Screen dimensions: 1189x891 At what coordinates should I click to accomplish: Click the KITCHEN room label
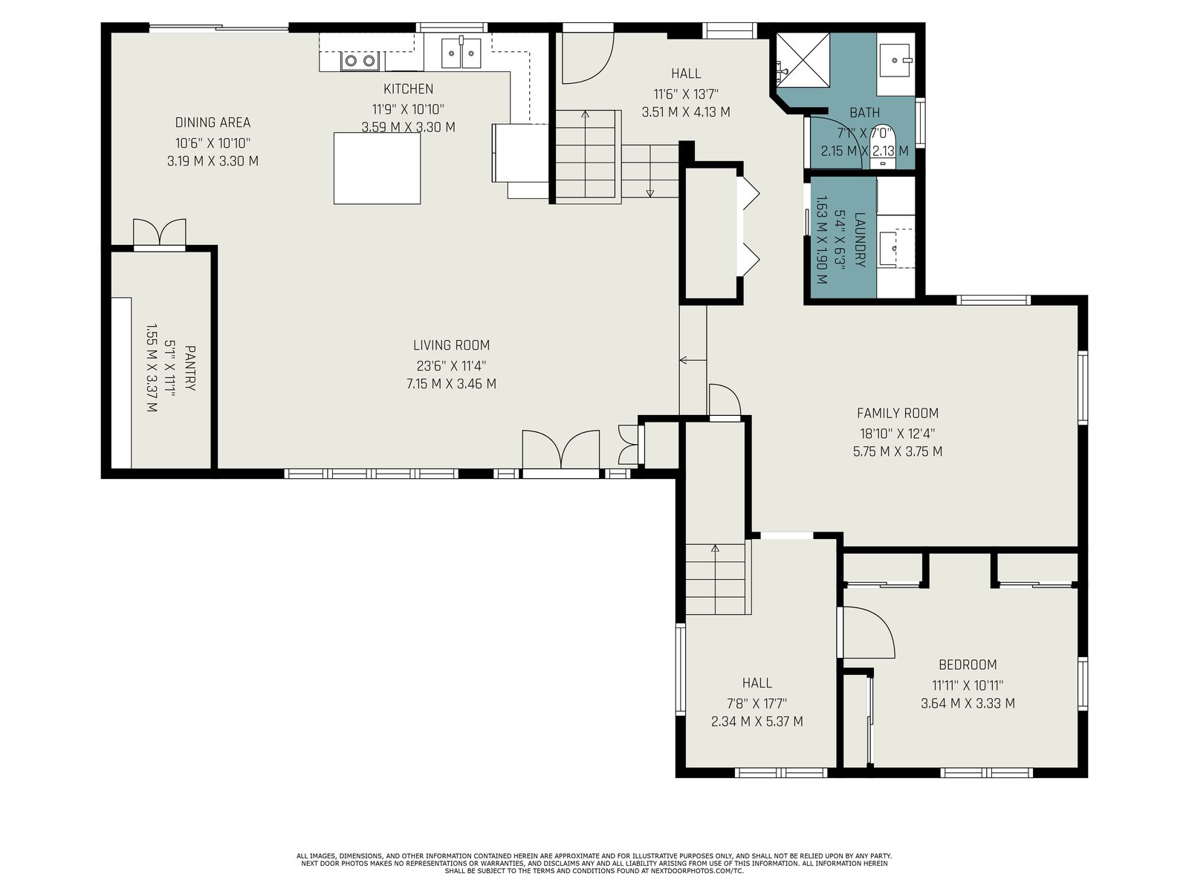408,88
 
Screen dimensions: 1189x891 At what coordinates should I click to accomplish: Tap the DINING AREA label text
213,123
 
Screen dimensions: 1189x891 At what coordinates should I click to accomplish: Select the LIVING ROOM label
451,345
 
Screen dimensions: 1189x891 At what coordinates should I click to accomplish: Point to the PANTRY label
190,368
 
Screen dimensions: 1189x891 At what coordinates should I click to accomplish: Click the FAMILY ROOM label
897,414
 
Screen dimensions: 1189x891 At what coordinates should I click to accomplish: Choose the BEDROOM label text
968,665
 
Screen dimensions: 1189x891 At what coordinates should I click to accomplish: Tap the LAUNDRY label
860,240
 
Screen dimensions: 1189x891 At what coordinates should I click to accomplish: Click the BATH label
864,113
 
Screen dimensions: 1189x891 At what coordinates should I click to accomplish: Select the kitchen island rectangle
377,169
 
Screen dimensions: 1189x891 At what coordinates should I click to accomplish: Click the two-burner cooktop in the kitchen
360,61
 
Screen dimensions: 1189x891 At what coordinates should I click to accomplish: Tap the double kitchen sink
461,53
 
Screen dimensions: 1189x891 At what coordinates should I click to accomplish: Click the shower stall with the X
803,59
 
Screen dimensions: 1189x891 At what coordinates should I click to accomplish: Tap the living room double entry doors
560,449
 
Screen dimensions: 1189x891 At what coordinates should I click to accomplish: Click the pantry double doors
159,232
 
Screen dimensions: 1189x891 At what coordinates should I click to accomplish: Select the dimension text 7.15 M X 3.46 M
451,384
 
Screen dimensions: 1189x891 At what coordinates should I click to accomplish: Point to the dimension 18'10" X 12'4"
898,434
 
